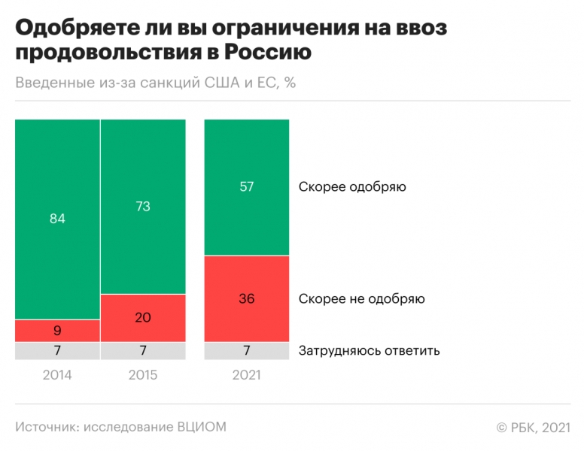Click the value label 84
click(57, 219)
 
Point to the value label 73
click(143, 207)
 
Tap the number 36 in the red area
click(247, 298)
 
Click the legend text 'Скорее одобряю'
click(352, 187)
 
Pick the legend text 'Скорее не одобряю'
click(361, 298)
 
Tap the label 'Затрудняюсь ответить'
click(369, 351)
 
